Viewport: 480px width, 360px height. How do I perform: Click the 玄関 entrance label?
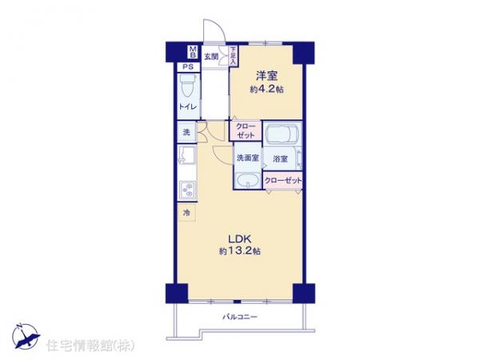pyautogui.click(x=210, y=56)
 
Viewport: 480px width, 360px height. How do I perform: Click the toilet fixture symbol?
pyautogui.click(x=186, y=85)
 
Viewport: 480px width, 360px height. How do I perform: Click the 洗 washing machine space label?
pyautogui.click(x=185, y=132)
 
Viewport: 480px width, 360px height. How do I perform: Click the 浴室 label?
pyautogui.click(x=280, y=158)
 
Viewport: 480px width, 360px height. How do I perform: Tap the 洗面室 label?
pyautogui.click(x=246, y=158)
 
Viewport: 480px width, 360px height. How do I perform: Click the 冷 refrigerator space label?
pyautogui.click(x=186, y=213)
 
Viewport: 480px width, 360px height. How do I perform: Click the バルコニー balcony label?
pyautogui.click(x=239, y=318)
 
